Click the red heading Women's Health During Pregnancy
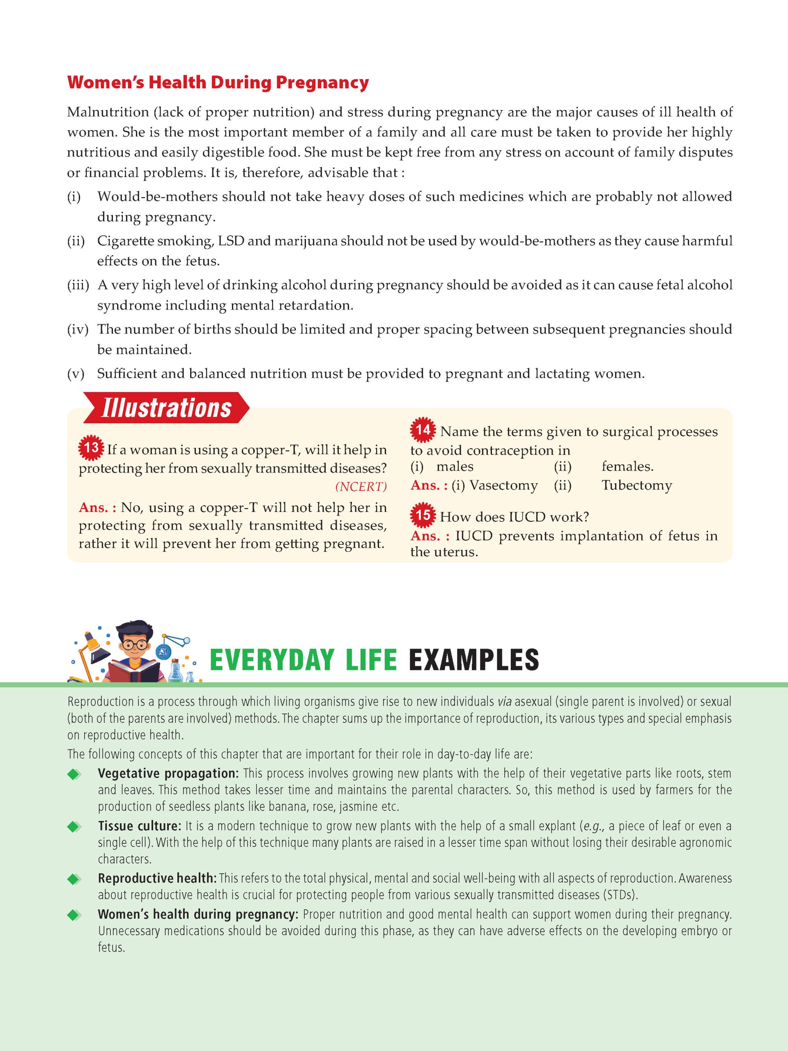tap(218, 83)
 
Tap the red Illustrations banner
tap(166, 408)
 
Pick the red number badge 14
tap(423, 430)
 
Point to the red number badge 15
tap(423, 516)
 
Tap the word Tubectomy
tap(636, 485)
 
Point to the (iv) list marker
tap(78, 329)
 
